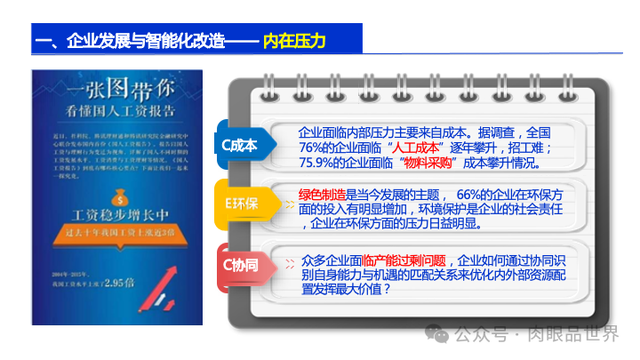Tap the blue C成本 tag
coord(238,145)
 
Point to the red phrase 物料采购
coord(428,163)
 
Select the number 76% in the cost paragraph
coord(314,148)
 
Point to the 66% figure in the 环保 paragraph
coord(472,194)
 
